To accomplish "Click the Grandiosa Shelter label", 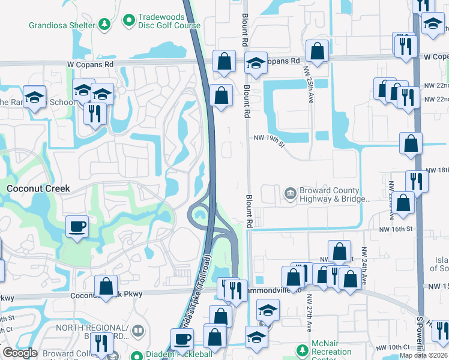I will [62, 25].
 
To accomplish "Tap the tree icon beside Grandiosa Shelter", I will [105, 25].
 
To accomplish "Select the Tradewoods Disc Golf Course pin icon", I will [128, 21].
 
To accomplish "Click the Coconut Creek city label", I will [38, 188].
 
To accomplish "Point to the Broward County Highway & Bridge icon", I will [290, 193].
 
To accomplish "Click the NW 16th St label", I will [396, 229].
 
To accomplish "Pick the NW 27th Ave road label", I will [310, 312].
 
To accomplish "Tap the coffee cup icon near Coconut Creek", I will [77, 227].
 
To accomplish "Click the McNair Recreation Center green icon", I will [301, 349].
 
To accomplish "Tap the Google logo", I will [20, 353].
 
